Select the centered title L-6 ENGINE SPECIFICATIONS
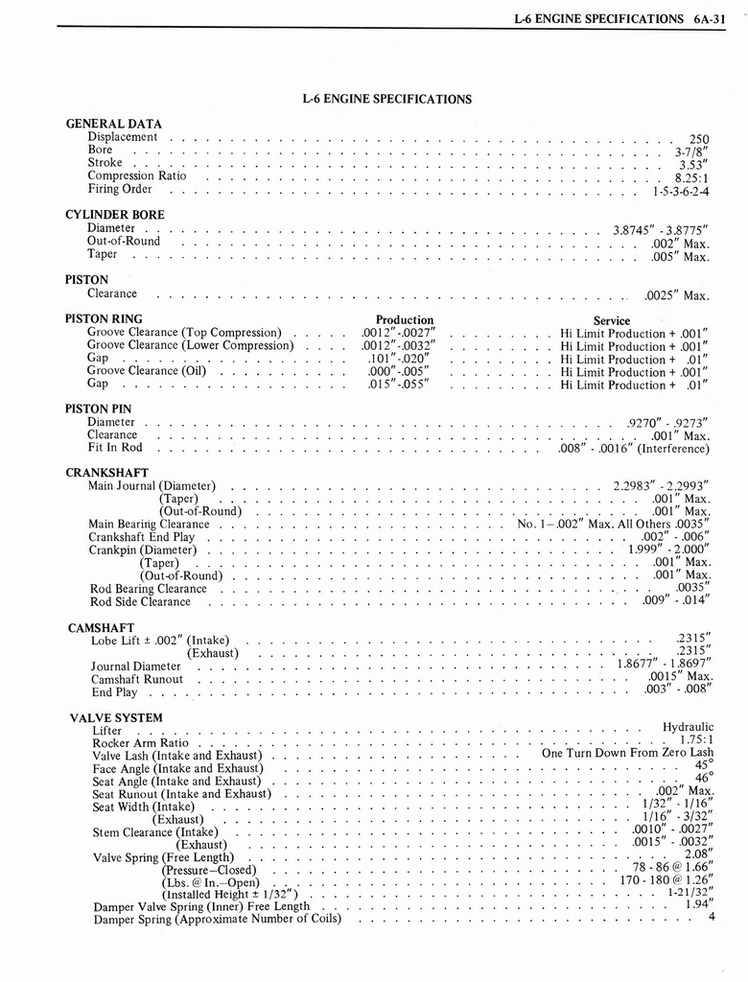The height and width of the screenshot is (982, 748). [x=386, y=99]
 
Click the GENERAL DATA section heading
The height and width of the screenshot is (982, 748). [x=113, y=124]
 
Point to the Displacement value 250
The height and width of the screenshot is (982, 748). [x=699, y=140]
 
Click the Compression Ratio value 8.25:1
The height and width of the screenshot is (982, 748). [x=690, y=178]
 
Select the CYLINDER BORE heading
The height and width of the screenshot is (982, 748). [x=114, y=215]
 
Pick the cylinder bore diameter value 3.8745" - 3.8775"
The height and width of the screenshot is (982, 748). [x=660, y=230]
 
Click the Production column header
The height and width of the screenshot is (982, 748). [x=405, y=320]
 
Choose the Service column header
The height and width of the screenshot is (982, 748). [x=612, y=321]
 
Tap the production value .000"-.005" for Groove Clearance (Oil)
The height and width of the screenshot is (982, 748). [x=398, y=372]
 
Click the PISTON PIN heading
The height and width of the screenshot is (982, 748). [x=100, y=409]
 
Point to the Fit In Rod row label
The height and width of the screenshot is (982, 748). [x=114, y=447]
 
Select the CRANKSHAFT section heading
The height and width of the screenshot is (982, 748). [x=105, y=473]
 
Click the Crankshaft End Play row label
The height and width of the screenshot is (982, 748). [x=141, y=537]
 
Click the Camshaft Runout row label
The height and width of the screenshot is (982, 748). [x=137, y=679]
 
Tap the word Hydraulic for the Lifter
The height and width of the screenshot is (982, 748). [x=688, y=727]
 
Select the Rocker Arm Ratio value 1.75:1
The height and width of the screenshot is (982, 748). [x=693, y=740]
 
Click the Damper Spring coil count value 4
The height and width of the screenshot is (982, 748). [x=712, y=916]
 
